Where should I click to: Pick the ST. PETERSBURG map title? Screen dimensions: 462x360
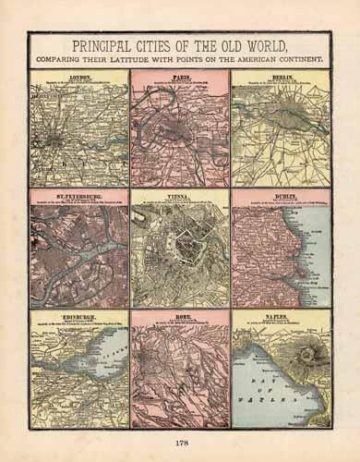click(x=78, y=196)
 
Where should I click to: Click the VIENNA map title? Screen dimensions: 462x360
click(x=180, y=196)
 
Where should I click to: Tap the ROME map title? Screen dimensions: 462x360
click(x=180, y=316)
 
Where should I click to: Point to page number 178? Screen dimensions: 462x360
click(x=180, y=444)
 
